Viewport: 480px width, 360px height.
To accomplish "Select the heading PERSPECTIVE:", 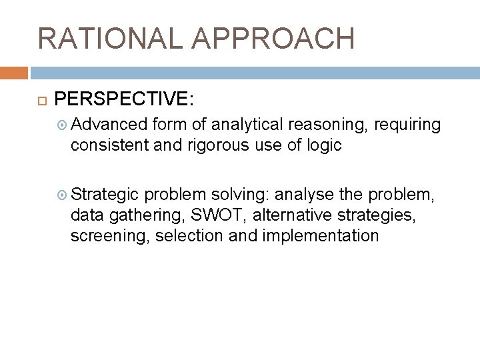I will point(125,99).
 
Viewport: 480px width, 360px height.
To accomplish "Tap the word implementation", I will point(323,237).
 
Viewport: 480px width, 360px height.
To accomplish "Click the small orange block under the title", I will point(14,72).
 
